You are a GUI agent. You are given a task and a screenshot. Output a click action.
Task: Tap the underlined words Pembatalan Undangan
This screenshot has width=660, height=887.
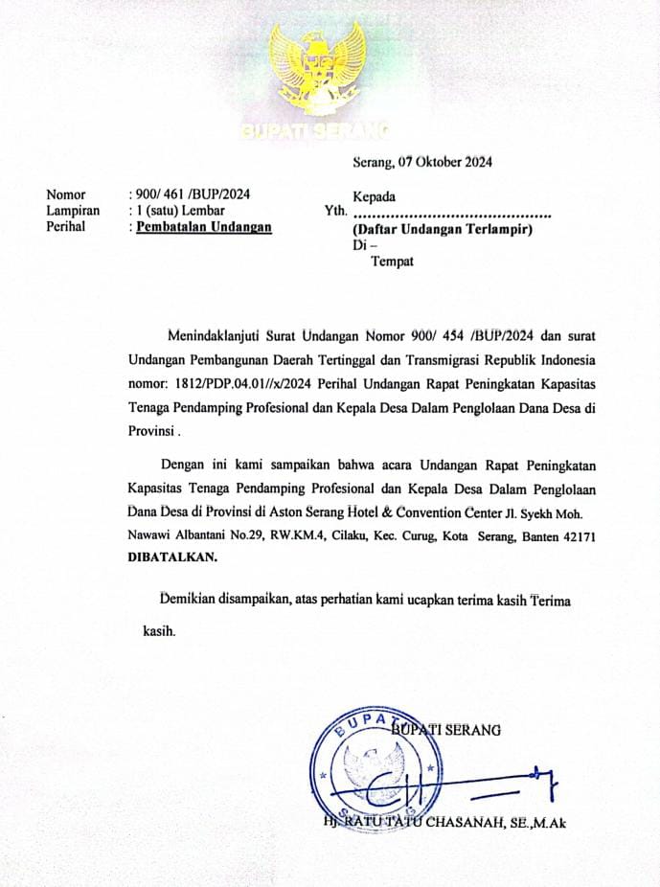coord(204,227)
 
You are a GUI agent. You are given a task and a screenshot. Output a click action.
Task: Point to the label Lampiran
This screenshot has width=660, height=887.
coord(73,211)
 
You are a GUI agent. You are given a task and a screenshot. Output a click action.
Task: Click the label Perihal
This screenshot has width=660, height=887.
coord(66,227)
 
